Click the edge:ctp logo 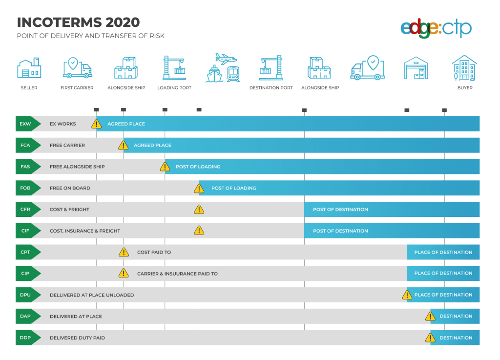(x=436, y=28)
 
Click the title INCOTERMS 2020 (x=78, y=22)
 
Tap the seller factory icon (x=29, y=68)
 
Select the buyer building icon (x=464, y=67)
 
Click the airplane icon (x=226, y=59)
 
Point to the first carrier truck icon (x=77, y=68)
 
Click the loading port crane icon (x=174, y=68)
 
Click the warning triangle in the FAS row (x=165, y=167)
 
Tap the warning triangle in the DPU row (x=407, y=295)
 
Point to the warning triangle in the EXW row (x=97, y=124)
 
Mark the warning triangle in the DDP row (x=430, y=338)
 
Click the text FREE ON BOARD (x=70, y=188)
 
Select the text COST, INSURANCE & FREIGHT (x=85, y=231)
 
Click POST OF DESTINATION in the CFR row (x=340, y=210)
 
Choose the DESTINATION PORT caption (x=271, y=88)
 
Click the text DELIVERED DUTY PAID (x=77, y=338)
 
